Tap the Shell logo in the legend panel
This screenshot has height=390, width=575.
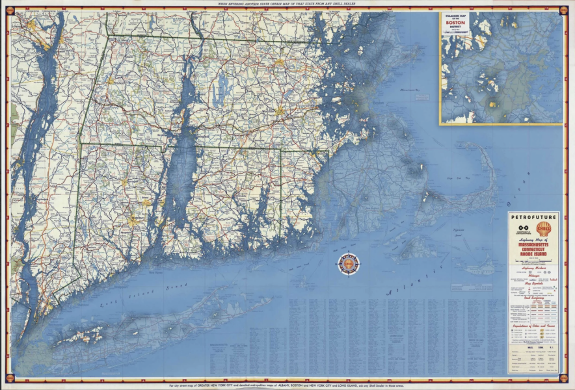544,229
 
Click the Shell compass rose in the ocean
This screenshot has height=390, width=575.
348,263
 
